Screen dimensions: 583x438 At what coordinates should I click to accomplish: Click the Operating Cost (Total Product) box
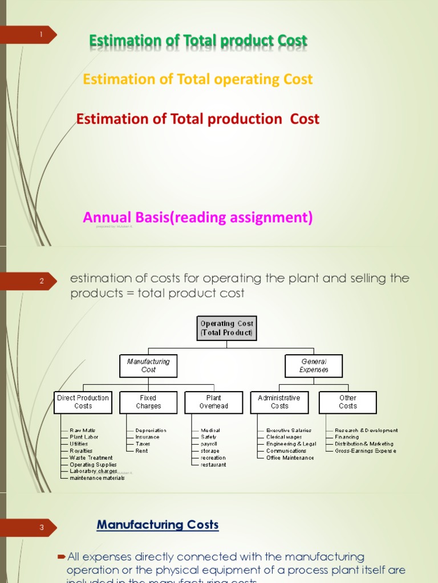pos(226,328)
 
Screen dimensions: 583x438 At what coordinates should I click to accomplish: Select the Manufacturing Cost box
pos(148,366)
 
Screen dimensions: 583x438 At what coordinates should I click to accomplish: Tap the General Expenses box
pos(314,366)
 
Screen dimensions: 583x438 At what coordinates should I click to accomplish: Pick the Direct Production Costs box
pos(83,402)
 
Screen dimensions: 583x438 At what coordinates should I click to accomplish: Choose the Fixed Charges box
pos(148,402)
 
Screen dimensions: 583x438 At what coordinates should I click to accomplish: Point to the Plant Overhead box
pos(213,402)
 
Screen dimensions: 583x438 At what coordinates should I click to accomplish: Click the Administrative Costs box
pos(279,402)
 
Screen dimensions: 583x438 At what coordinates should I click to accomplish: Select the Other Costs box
pos(347,402)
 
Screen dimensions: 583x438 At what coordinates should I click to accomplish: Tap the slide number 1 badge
pos(41,35)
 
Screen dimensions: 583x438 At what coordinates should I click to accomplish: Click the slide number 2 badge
pos(41,281)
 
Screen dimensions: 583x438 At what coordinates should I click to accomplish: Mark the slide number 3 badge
pos(41,528)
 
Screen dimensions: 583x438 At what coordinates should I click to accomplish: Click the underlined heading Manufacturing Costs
pos(157,525)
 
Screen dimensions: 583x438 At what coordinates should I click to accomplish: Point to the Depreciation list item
pos(151,430)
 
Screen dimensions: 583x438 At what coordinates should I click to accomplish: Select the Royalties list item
pos(81,451)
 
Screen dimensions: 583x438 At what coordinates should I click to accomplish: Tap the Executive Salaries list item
pos(289,430)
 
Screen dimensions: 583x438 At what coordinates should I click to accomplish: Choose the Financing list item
pos(347,437)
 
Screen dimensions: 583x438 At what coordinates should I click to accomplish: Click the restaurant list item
pos(213,465)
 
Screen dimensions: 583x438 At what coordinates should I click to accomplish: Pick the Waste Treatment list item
pos(91,458)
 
